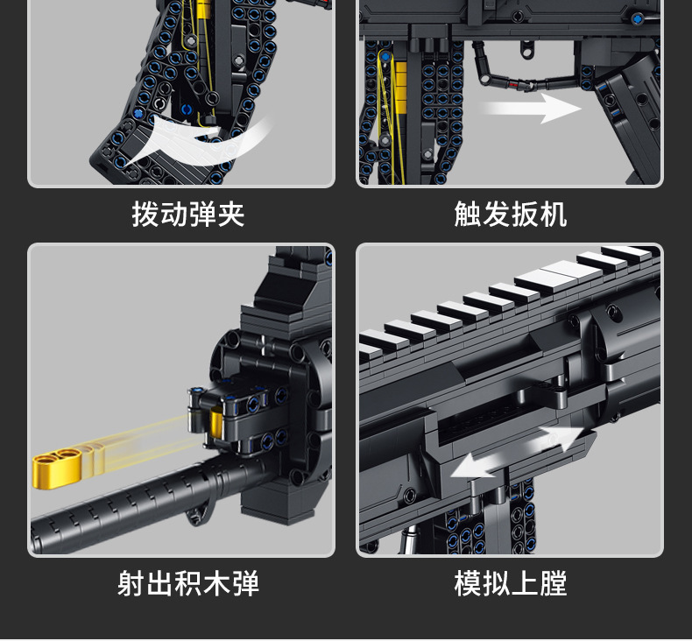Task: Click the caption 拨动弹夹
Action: pos(188,214)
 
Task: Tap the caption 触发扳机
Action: pos(510,214)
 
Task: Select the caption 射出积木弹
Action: pos(188,583)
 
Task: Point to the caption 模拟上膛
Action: pos(510,583)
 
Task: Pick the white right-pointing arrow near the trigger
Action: pos(530,109)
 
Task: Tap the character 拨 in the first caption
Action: pos(145,214)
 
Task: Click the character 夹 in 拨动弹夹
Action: pos(231,214)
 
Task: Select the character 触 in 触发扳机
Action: pos(468,214)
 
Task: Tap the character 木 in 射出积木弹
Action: pos(217,583)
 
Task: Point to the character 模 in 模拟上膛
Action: pos(468,583)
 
